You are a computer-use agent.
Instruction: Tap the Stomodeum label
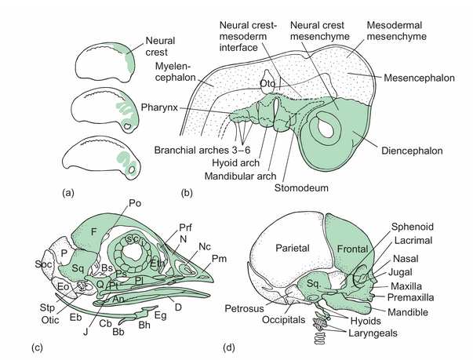point(305,188)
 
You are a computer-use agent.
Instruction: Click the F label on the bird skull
point(95,231)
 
